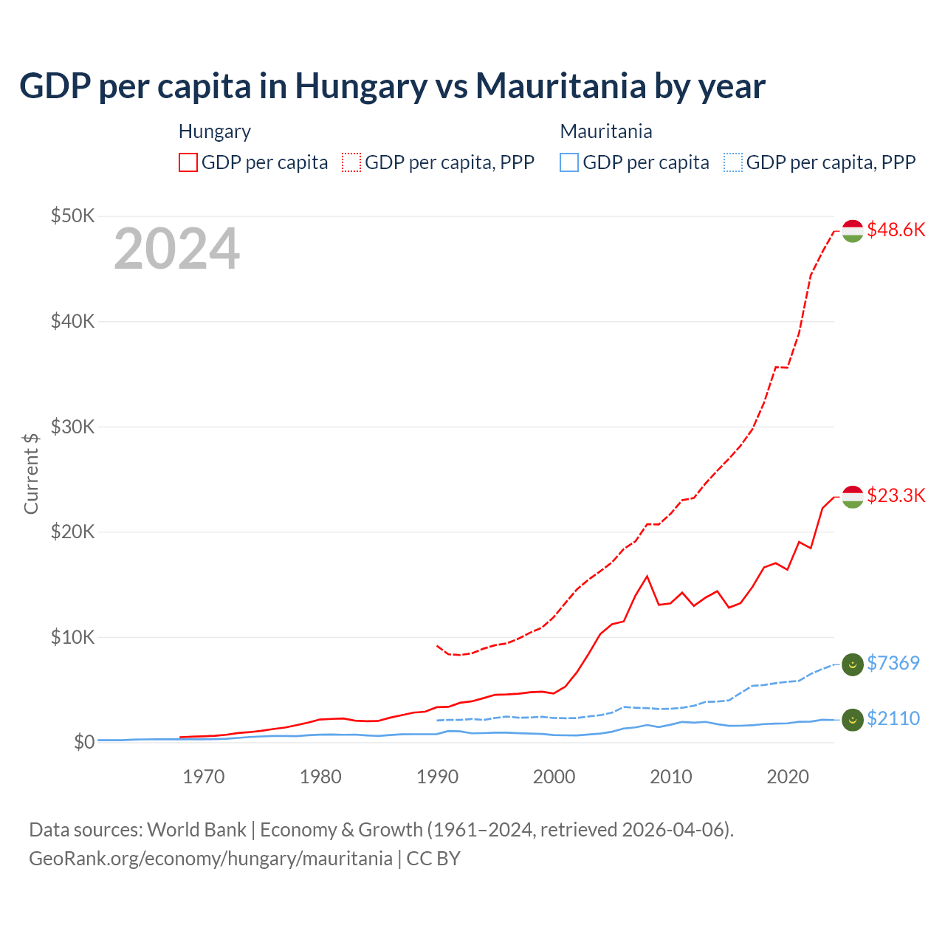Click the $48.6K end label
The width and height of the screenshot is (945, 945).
coord(896,230)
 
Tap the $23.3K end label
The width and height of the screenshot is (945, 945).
coord(896,495)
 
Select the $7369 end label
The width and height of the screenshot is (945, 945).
coord(893,663)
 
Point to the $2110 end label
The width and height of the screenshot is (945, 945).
coord(893,718)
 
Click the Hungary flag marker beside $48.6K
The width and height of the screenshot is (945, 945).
coord(853,230)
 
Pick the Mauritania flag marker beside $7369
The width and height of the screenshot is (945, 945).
coord(853,664)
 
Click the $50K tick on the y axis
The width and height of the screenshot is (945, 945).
coord(72,216)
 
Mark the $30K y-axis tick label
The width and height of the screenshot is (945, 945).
coord(72,427)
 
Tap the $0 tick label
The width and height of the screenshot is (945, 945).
coord(84,742)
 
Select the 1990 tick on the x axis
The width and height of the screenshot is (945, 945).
coord(437,777)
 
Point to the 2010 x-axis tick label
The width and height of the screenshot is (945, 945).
coord(670,777)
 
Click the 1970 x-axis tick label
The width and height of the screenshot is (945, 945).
coord(204,777)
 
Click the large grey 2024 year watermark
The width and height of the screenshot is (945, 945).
coord(176,250)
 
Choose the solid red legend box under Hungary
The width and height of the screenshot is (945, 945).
coord(188,162)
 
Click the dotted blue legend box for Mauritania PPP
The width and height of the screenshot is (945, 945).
coord(733,162)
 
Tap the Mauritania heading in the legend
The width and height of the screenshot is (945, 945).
coord(606,131)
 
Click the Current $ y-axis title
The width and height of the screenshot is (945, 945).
coord(31,473)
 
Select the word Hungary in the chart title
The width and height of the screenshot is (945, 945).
coord(361,86)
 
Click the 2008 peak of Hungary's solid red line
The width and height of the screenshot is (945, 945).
coord(647,576)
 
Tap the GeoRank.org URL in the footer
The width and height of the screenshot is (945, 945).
coord(210,859)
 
